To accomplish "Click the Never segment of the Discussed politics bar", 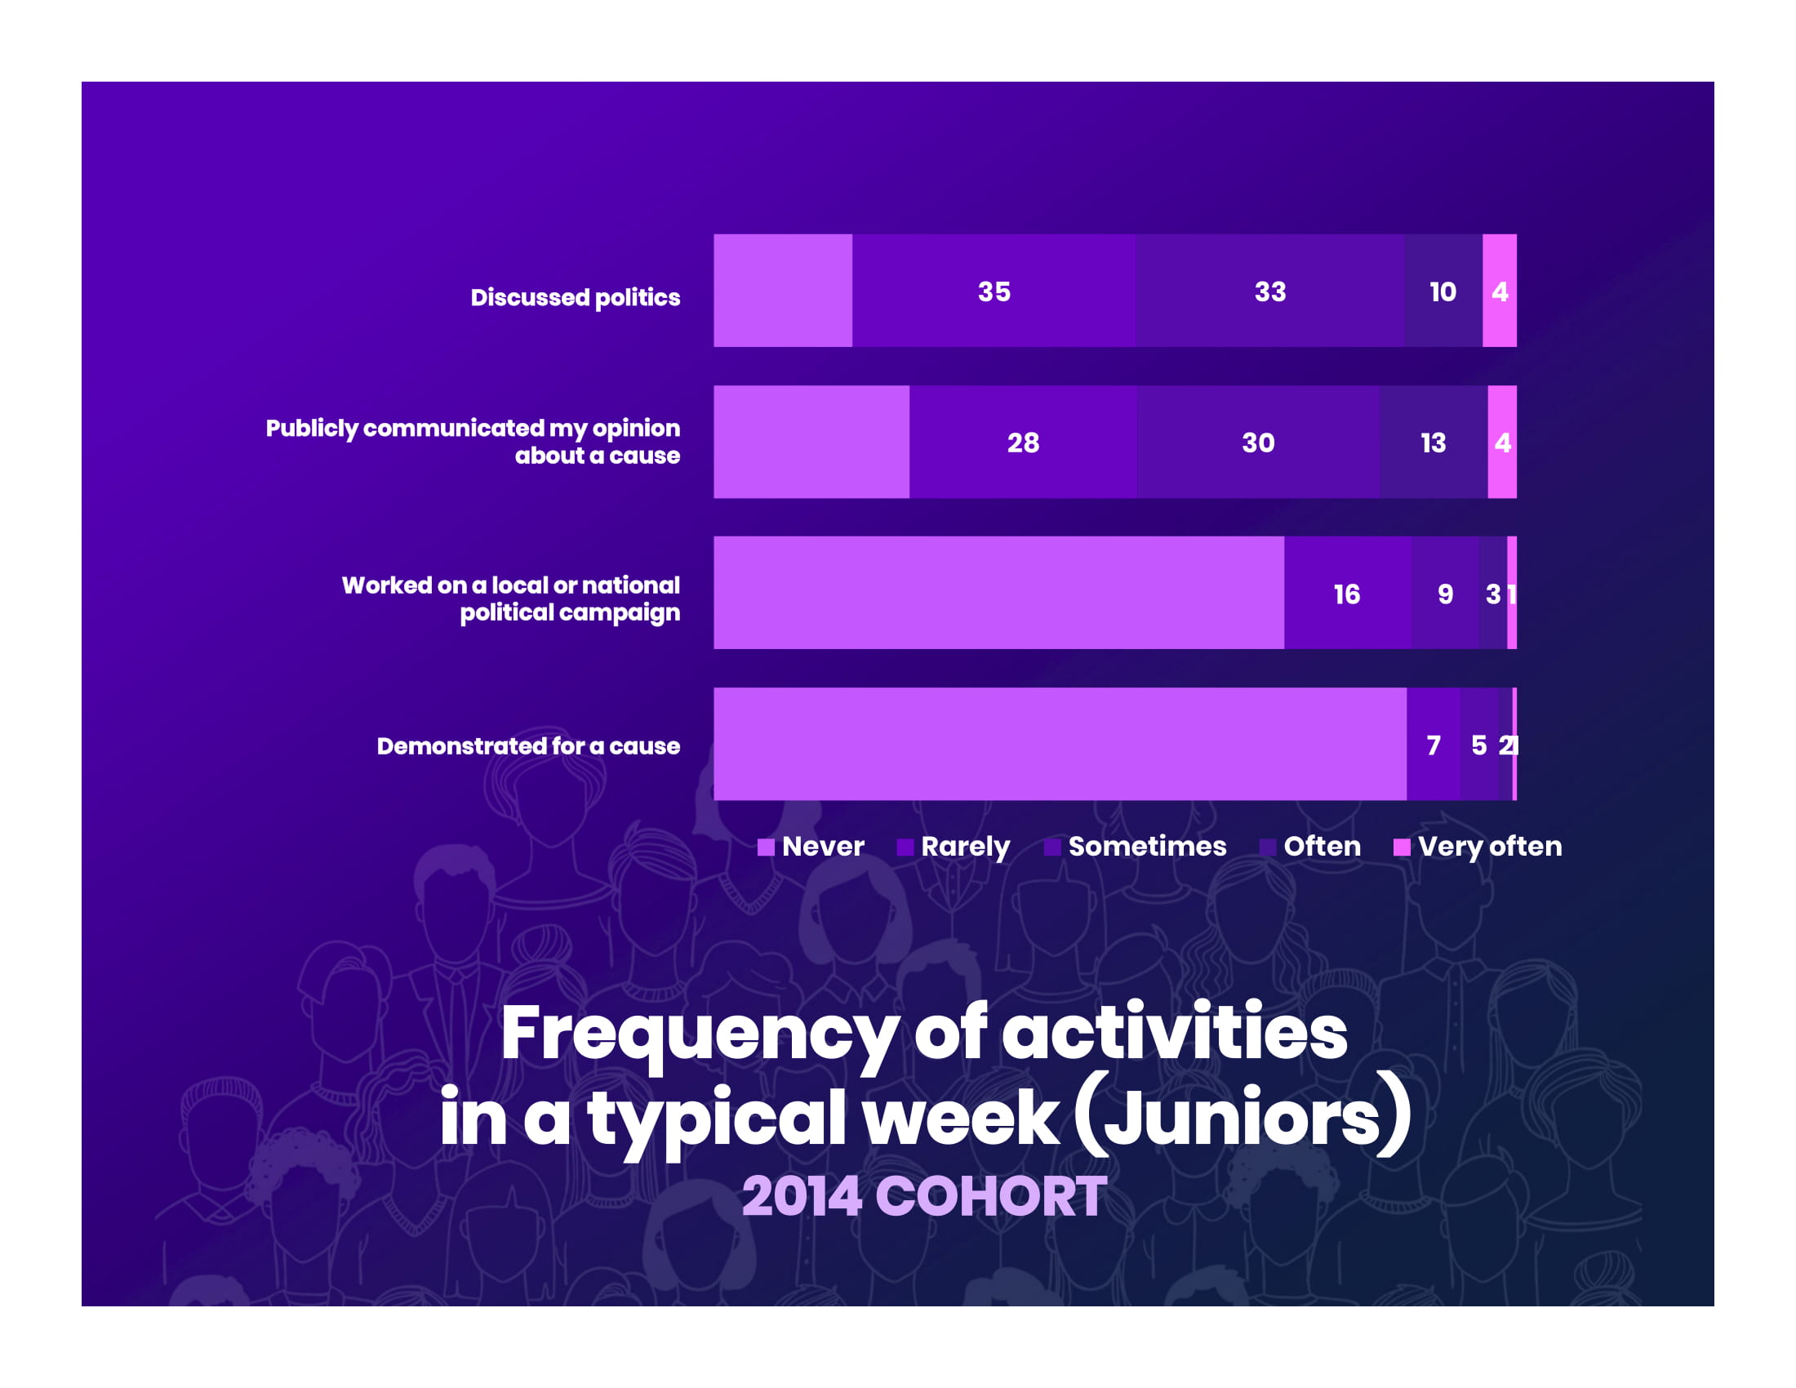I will (782, 291).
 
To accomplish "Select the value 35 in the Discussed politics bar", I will (994, 291).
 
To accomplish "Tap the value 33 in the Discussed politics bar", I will (1269, 291).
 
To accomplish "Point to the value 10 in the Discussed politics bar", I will (1443, 291).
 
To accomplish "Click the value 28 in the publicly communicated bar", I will (1023, 443).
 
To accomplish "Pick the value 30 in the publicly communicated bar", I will (1258, 443).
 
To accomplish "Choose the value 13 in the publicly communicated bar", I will (1434, 443).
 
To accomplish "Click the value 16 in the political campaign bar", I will (1346, 594).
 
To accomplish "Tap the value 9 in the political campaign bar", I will (1445, 594).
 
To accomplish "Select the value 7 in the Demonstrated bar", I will (1434, 745).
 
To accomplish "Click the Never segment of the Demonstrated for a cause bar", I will (1059, 743).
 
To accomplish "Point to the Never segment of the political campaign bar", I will (998, 592).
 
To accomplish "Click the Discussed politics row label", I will (575, 297).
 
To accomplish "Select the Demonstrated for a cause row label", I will (528, 745).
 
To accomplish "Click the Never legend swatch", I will (766, 847).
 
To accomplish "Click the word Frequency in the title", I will (698, 1033).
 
